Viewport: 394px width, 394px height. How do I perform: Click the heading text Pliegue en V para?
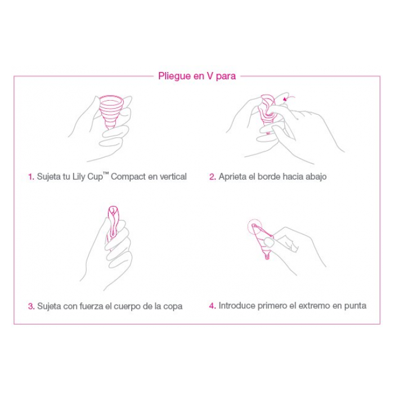pos(197,76)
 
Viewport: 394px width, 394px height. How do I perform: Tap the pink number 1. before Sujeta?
pos(31,177)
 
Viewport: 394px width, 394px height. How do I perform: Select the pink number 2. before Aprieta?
pos(212,177)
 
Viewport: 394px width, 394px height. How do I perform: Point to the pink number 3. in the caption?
pos(31,307)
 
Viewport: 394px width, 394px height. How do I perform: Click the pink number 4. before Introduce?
pos(212,306)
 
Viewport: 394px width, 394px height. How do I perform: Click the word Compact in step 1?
pos(127,177)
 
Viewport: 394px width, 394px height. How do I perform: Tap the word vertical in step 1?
pos(171,177)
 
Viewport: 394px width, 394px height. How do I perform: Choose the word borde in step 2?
pos(271,177)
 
